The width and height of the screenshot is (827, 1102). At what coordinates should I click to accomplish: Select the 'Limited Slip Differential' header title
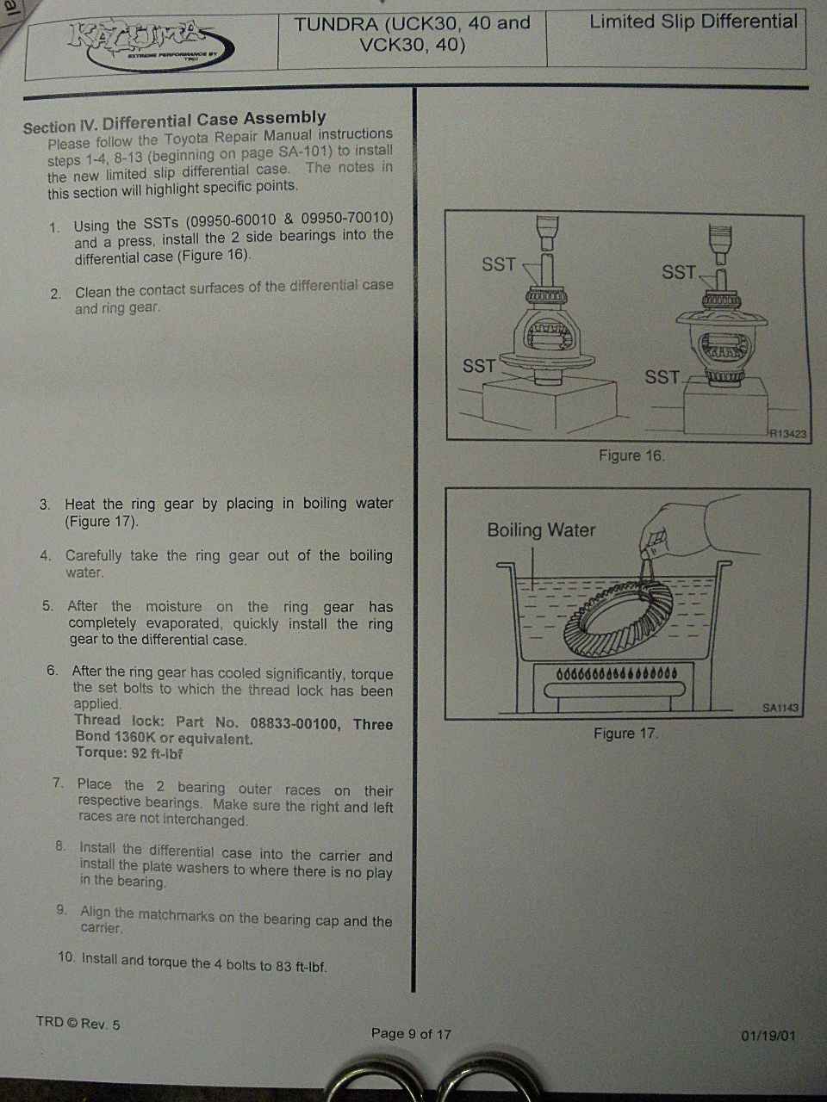click(693, 22)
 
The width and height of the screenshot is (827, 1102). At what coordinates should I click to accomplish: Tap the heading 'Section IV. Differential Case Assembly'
click(174, 122)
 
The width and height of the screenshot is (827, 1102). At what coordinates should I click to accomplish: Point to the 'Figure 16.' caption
click(631, 455)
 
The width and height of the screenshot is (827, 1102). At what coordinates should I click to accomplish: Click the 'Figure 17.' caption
click(625, 734)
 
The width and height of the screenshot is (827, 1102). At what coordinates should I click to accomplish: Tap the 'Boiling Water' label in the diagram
click(541, 530)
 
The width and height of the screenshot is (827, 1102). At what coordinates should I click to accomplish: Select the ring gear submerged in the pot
click(619, 618)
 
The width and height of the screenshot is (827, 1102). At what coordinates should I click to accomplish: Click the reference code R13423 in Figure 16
click(788, 433)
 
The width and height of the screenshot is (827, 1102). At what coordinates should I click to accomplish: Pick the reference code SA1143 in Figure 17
click(780, 708)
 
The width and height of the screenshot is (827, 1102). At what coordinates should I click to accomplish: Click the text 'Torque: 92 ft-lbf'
click(129, 753)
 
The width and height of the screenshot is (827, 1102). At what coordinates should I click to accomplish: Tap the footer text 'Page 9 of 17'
click(411, 1033)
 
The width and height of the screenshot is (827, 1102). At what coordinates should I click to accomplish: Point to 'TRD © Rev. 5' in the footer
click(78, 1023)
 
